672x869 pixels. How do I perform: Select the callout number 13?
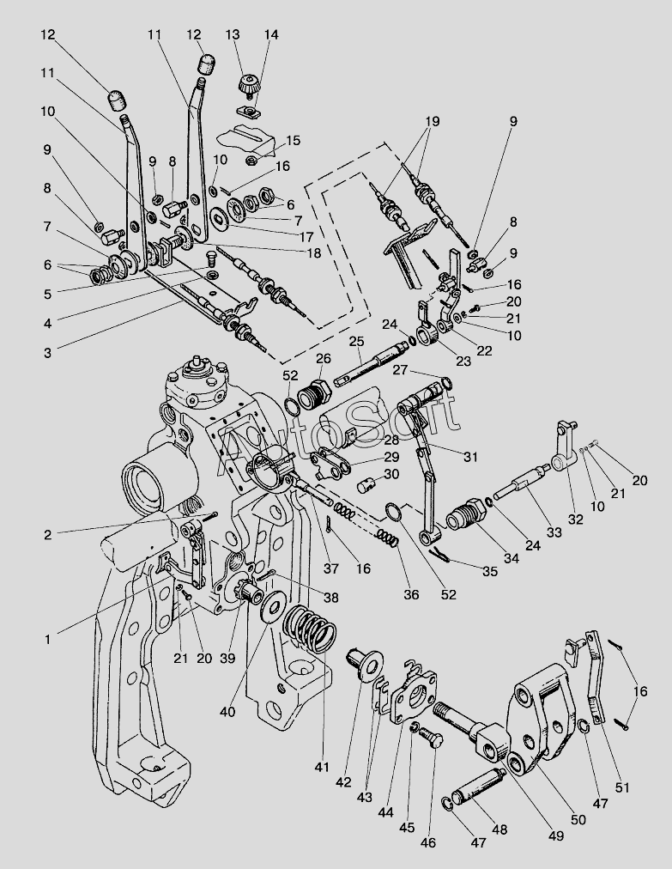coord(233,34)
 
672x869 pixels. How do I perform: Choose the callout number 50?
coord(578,818)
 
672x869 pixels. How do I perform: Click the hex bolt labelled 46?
coord(433,741)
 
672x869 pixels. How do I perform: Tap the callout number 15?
coord(293,140)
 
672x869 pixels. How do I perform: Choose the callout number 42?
coord(344,781)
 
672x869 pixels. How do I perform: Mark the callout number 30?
coord(391,473)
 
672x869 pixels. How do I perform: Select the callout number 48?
coord(499,829)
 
